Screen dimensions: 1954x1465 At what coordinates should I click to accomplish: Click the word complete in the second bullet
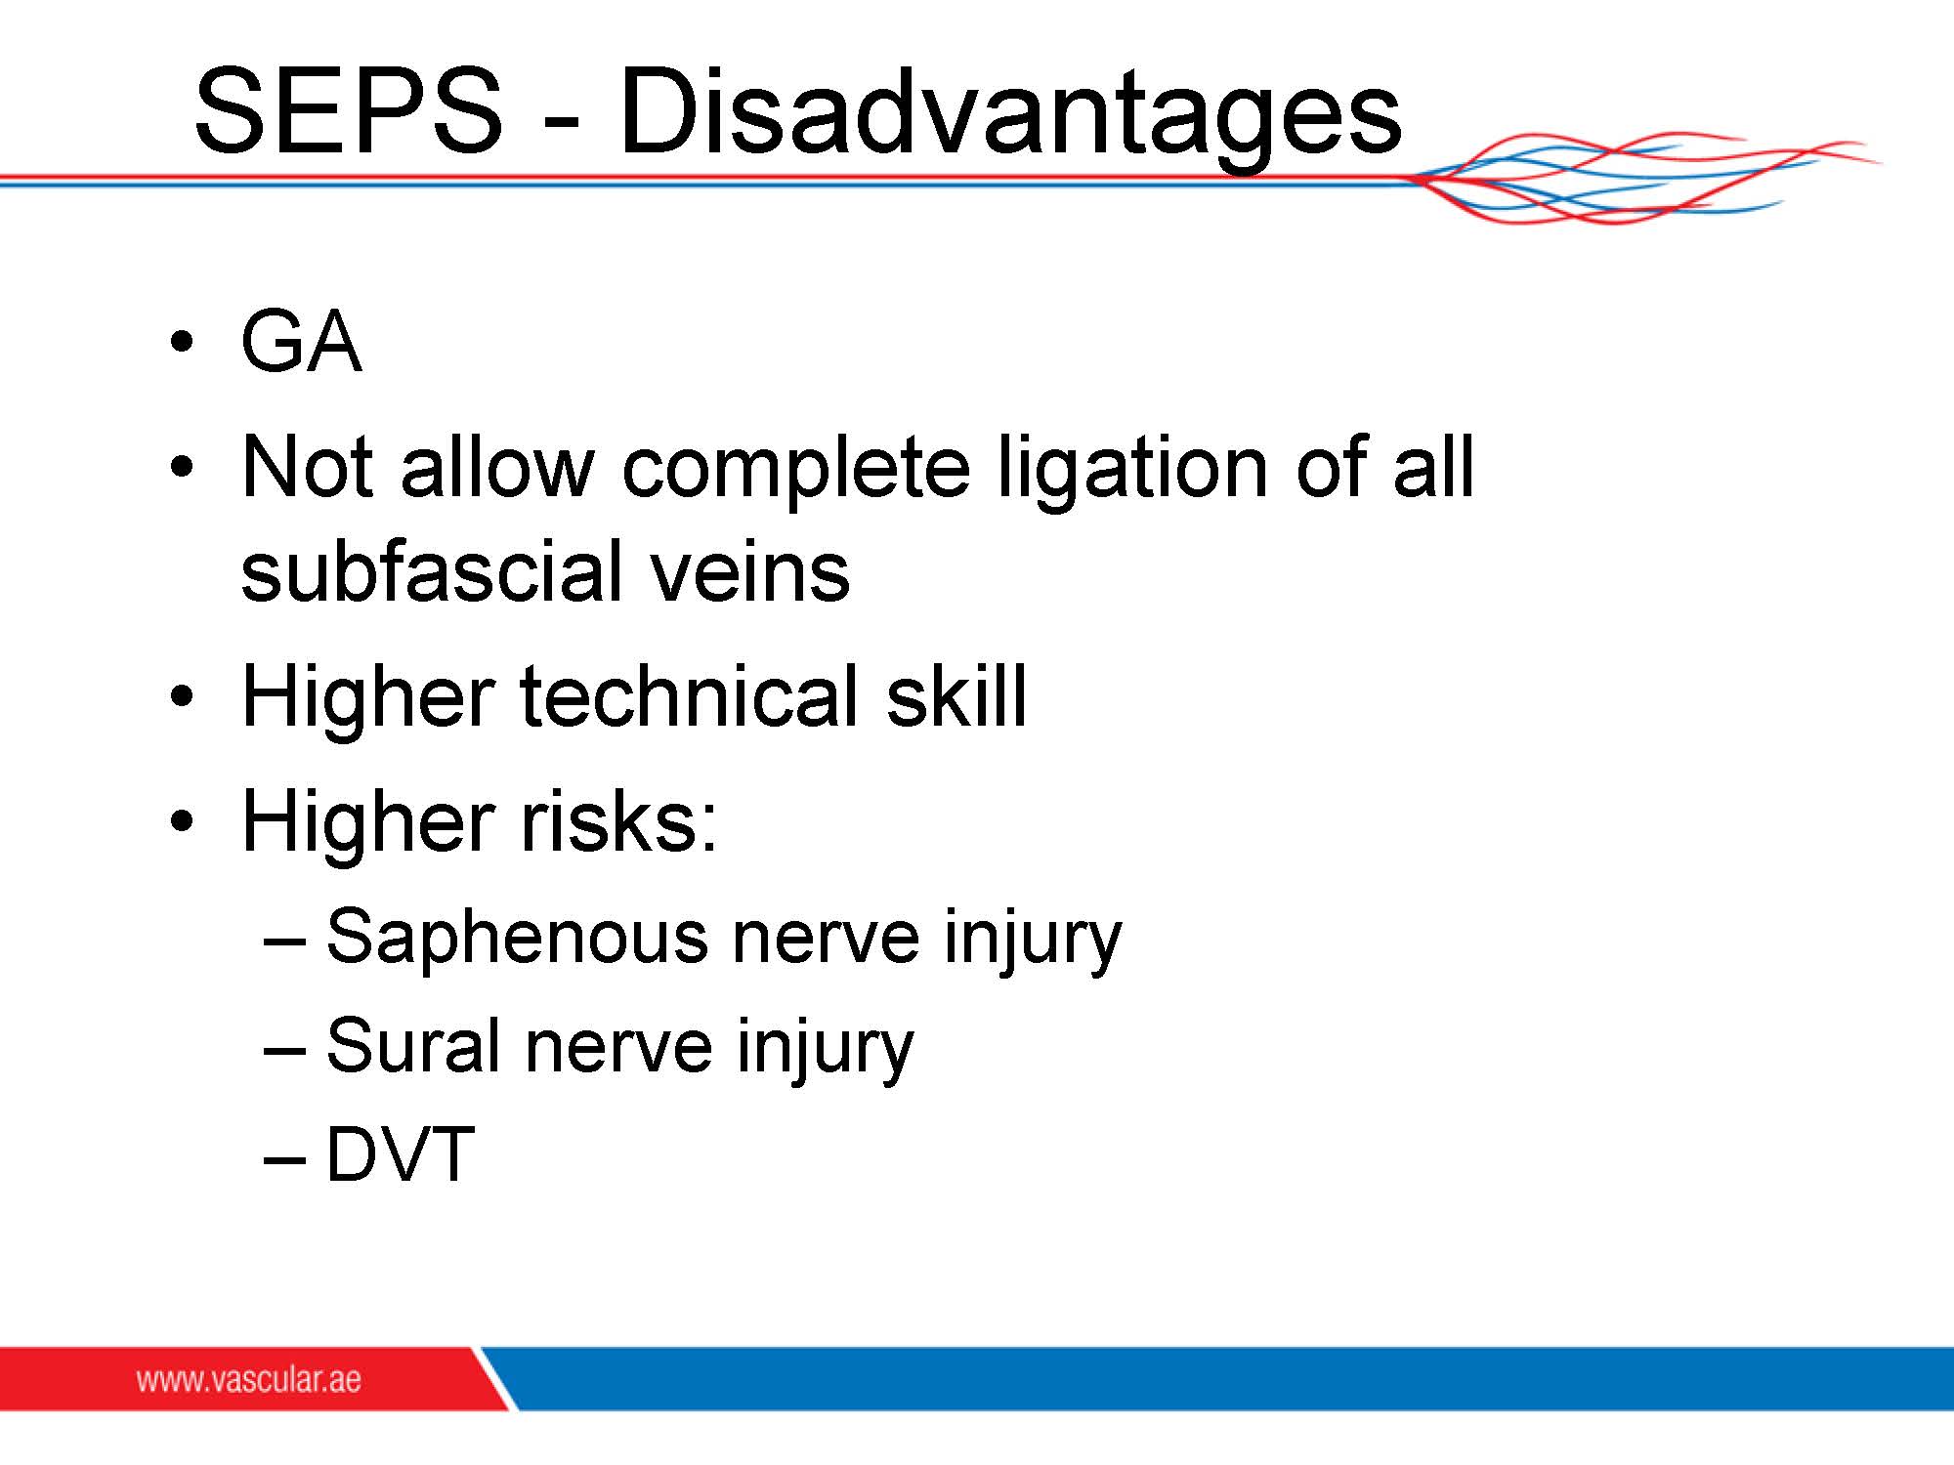pyautogui.click(x=795, y=471)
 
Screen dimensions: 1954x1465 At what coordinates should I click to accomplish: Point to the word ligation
pyautogui.click(x=1133, y=471)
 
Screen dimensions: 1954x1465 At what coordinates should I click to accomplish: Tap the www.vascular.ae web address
pyautogui.click(x=248, y=1379)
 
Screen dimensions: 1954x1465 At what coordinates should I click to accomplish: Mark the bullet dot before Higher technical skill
pyautogui.click(x=181, y=697)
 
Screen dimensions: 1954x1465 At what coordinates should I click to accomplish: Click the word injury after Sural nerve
pyautogui.click(x=825, y=1049)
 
